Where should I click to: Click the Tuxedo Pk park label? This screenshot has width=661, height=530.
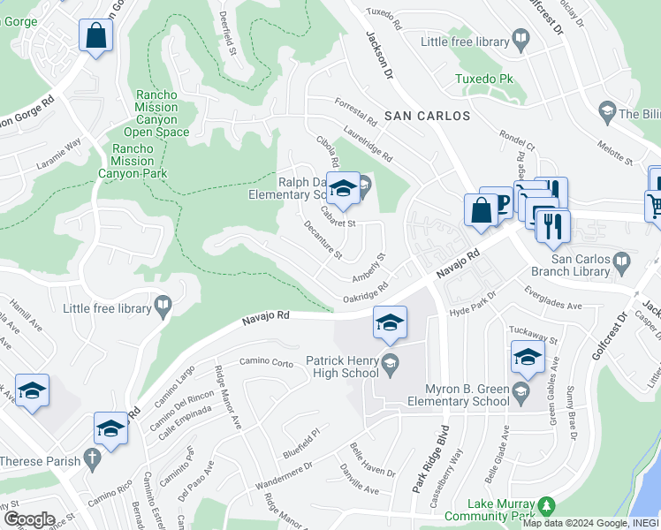click(484, 79)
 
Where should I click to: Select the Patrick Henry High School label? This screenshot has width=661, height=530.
click(342, 367)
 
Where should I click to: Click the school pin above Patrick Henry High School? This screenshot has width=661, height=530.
click(389, 323)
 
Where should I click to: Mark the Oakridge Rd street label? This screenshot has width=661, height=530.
click(366, 292)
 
